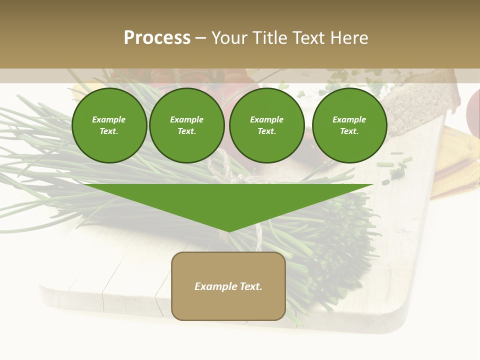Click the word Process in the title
[x=157, y=38]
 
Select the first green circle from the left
[x=109, y=125]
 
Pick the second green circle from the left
[x=186, y=125]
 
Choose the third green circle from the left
[x=266, y=125]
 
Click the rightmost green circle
[x=349, y=125]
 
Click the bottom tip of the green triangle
[x=228, y=231]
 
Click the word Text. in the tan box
[x=251, y=286]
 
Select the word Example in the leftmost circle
[x=109, y=119]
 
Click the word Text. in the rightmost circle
[x=349, y=131]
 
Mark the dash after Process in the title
[x=201, y=38]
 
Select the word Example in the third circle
[x=266, y=119]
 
